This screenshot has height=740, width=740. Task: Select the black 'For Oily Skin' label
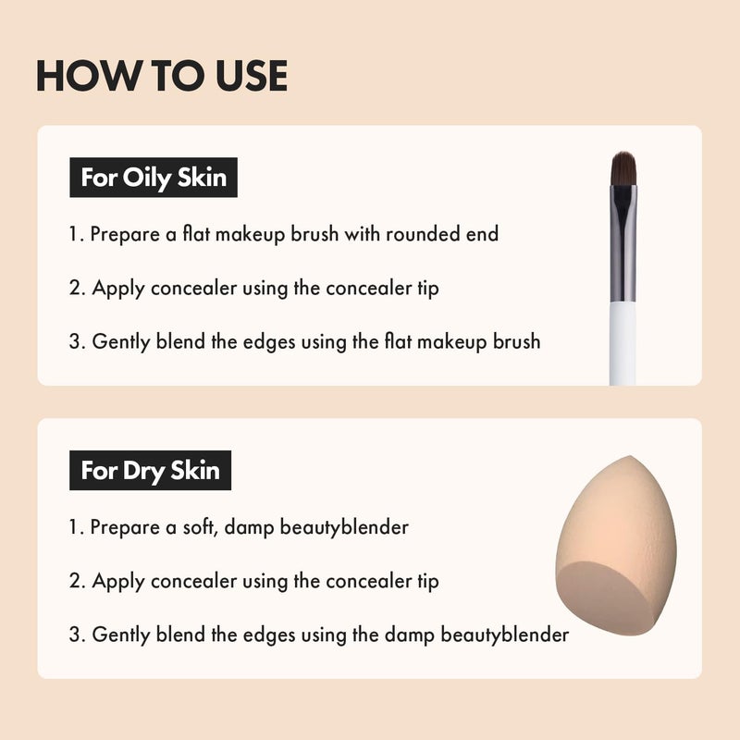coord(154,177)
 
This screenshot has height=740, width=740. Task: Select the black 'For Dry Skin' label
coord(150,470)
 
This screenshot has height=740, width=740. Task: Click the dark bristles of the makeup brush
coord(623,168)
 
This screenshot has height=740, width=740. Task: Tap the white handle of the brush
coord(623,342)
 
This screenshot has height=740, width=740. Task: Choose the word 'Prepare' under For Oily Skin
coord(124,234)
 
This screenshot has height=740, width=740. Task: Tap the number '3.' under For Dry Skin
coord(78,635)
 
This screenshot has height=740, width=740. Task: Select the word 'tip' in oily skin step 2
coord(425,288)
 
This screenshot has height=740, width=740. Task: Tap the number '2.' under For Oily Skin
coord(78,288)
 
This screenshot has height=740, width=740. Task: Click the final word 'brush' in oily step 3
coord(514,341)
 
